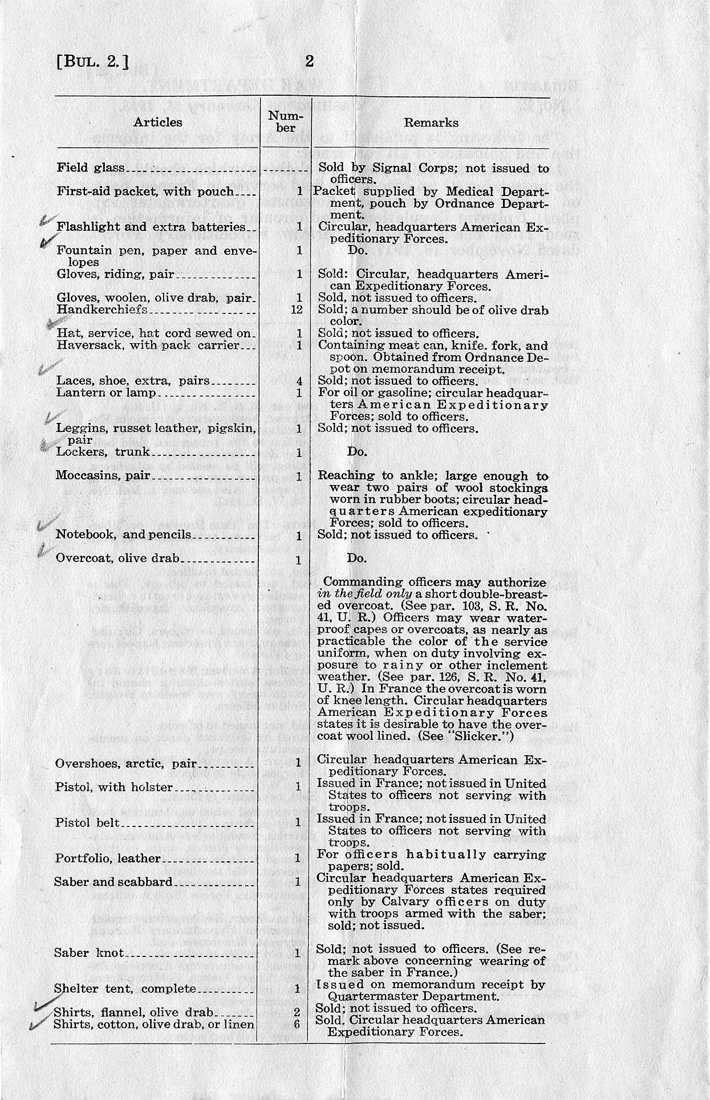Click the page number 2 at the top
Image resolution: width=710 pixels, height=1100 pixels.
pos(309,62)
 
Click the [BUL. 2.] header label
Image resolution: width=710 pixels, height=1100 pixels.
pos(92,62)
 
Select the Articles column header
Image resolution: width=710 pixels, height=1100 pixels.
pos(158,122)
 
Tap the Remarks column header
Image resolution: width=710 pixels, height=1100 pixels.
pos(431,122)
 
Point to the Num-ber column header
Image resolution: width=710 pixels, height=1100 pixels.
pos(286,121)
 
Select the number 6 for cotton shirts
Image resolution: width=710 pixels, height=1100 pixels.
pos(297,1024)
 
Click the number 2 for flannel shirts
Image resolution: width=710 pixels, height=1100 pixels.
pos(297,1012)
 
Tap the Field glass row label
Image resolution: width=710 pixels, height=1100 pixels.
pos(91,168)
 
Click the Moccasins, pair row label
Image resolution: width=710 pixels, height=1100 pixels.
pos(96,475)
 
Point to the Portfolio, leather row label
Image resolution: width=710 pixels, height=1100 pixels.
pos(108,858)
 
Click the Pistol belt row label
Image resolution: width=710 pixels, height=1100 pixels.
pos(87,822)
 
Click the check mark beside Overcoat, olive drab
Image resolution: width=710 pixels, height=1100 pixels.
pos(43,549)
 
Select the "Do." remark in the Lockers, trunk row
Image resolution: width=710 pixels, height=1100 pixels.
pos(356,452)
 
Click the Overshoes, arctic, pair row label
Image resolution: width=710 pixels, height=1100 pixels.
pos(125,763)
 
